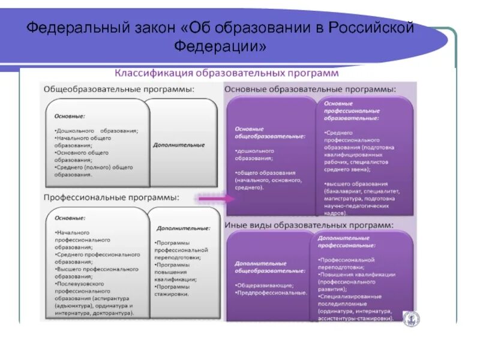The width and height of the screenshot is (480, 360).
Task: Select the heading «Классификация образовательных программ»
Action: click(227, 73)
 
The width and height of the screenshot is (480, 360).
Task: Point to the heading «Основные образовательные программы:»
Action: click(310, 89)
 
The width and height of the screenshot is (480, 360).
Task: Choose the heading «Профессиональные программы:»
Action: click(111, 197)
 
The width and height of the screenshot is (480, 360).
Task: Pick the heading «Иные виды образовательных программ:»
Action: click(309, 225)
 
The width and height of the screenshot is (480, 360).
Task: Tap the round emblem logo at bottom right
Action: click(411, 319)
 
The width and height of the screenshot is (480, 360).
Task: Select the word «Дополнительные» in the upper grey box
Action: click(179, 145)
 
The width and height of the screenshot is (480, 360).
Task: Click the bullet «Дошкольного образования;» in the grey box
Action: click(97, 130)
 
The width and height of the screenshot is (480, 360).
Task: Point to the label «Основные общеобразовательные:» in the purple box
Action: click(269, 133)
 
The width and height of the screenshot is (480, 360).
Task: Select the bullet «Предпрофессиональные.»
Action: click(271, 292)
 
